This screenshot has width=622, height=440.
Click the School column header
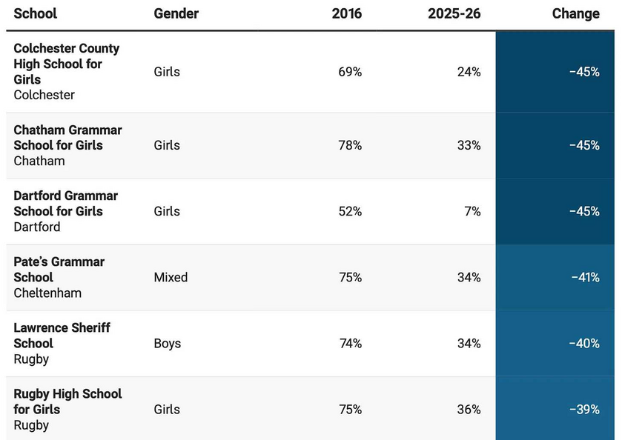36,13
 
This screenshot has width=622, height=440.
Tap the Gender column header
176,13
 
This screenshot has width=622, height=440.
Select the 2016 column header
347,13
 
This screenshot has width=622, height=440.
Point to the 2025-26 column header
454,13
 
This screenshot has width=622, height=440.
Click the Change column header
575,13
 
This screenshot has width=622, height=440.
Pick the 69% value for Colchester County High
350,72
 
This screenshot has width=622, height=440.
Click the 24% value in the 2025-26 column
469,72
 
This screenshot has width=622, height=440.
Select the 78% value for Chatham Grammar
350,145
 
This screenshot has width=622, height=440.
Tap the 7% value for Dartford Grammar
472,211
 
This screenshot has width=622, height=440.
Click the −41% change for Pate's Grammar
586,277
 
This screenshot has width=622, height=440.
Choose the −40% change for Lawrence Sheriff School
584,343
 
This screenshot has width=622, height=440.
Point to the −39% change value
584,409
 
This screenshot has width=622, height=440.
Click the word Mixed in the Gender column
171,277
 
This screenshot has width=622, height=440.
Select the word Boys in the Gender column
168,343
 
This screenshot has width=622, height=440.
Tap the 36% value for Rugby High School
469,409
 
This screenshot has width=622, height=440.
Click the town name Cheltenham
47,293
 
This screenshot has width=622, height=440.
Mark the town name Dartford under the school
37,227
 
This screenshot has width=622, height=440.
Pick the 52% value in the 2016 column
350,211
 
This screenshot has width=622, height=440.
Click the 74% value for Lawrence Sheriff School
351,343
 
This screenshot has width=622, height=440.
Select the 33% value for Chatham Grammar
469,145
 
